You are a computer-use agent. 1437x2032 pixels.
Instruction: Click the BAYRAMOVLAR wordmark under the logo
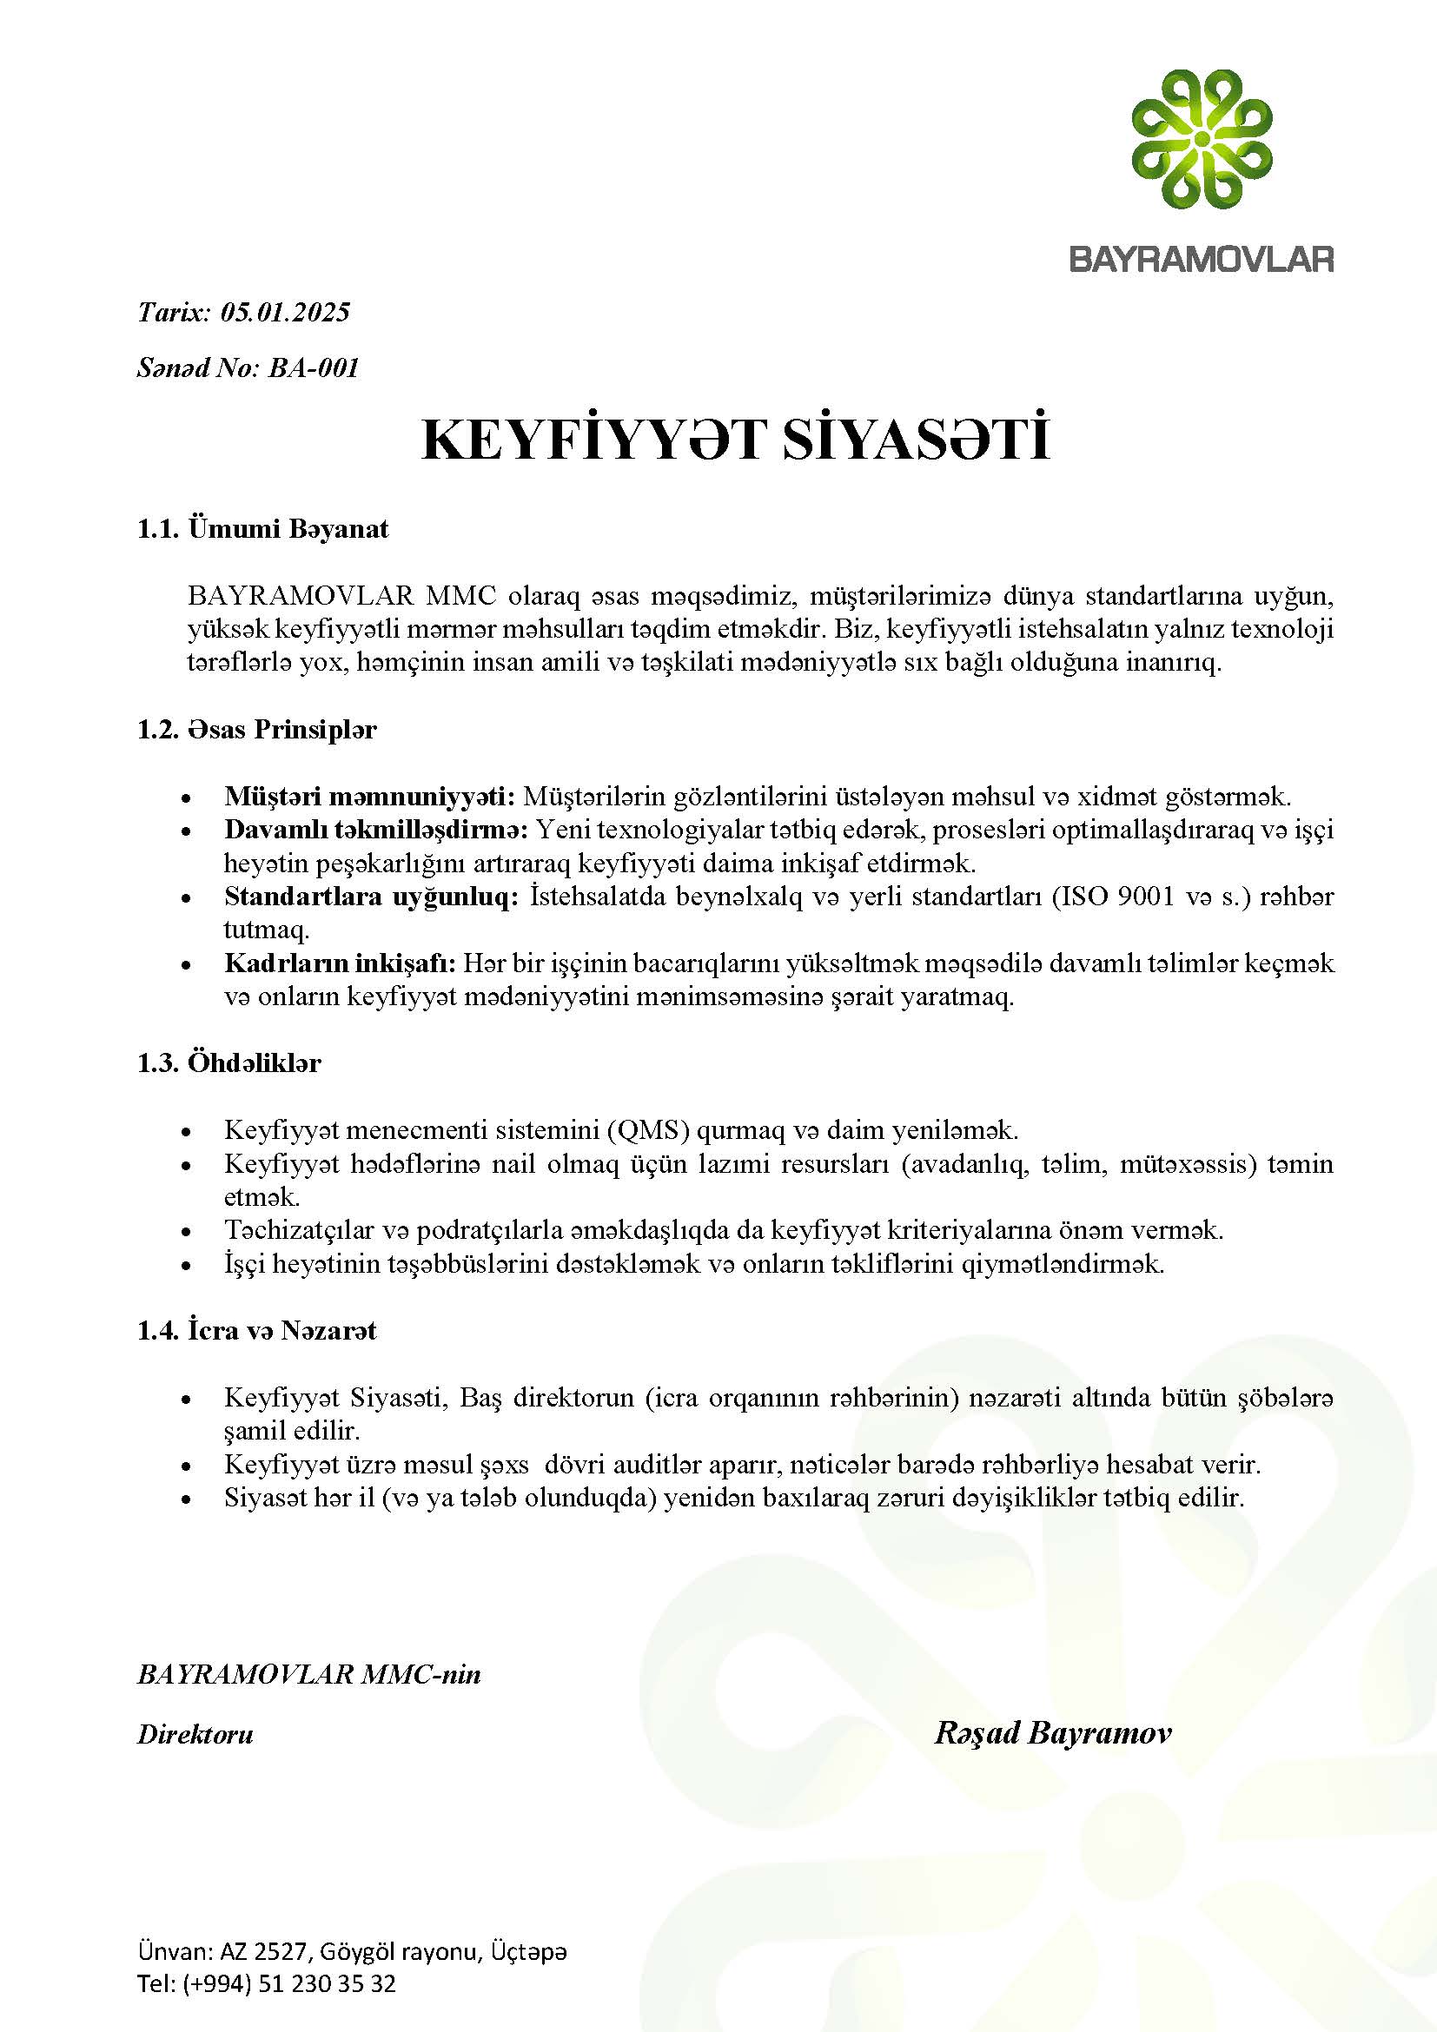coord(1202,259)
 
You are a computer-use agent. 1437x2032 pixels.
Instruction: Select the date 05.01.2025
coord(285,313)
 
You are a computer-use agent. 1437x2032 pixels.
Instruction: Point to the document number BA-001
coord(314,367)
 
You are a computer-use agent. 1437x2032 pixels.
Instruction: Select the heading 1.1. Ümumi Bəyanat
coord(262,529)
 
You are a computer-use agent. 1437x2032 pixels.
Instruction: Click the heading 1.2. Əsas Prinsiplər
coord(256,730)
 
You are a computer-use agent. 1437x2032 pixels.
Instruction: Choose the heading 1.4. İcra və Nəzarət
coord(256,1330)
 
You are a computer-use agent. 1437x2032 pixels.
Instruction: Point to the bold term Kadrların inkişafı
coord(340,963)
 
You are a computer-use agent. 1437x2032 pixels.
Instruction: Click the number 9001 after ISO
coord(1149,897)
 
